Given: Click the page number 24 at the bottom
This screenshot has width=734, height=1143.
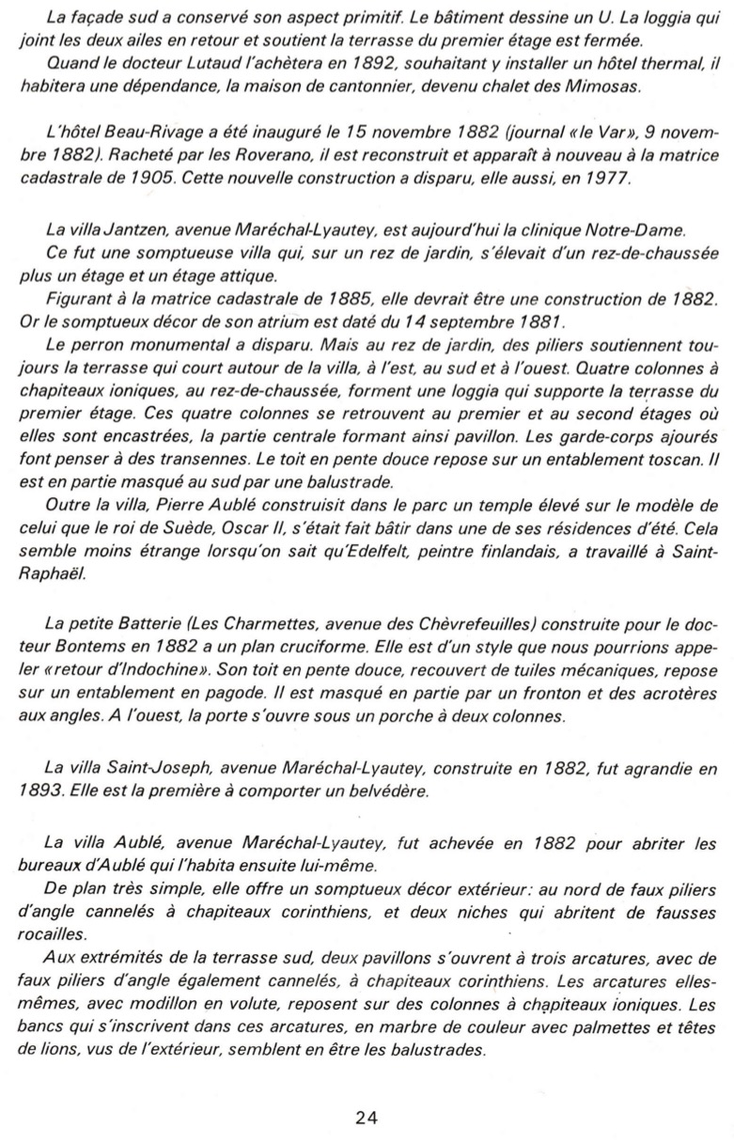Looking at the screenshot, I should click(x=367, y=1117).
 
